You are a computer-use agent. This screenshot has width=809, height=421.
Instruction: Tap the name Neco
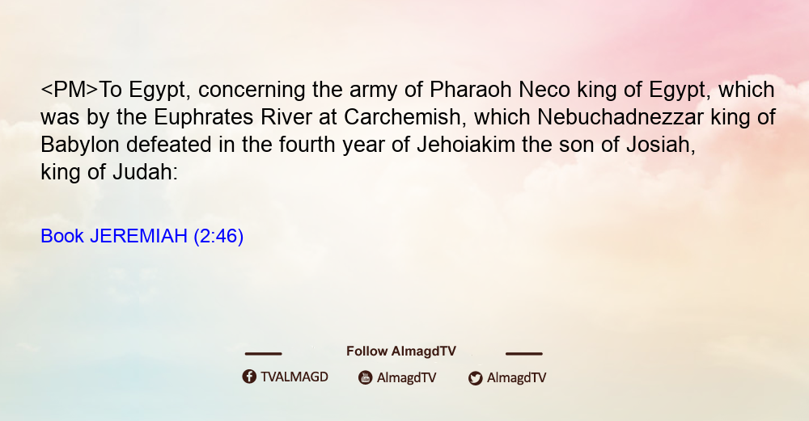point(544,90)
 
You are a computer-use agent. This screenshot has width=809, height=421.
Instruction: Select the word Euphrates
point(204,117)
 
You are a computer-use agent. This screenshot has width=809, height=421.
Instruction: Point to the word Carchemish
point(401,117)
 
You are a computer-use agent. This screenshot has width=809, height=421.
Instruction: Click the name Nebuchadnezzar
point(621,117)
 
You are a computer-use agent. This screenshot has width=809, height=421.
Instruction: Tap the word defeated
point(169,145)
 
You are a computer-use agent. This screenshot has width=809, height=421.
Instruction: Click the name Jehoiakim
point(466,145)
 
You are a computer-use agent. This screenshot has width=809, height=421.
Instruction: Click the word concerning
point(252,91)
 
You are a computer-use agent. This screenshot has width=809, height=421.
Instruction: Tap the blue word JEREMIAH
point(138,236)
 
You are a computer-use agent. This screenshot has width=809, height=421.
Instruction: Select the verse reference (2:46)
point(218,237)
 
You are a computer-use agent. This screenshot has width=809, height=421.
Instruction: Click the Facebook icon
point(249,377)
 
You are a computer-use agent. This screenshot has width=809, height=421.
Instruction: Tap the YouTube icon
point(366,377)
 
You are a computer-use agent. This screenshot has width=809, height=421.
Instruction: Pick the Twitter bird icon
point(475,378)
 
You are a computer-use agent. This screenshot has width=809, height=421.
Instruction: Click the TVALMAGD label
point(294,377)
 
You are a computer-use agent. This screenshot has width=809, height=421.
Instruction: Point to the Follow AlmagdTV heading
point(401,351)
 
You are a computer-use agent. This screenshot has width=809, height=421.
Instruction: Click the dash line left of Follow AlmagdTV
point(263,354)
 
